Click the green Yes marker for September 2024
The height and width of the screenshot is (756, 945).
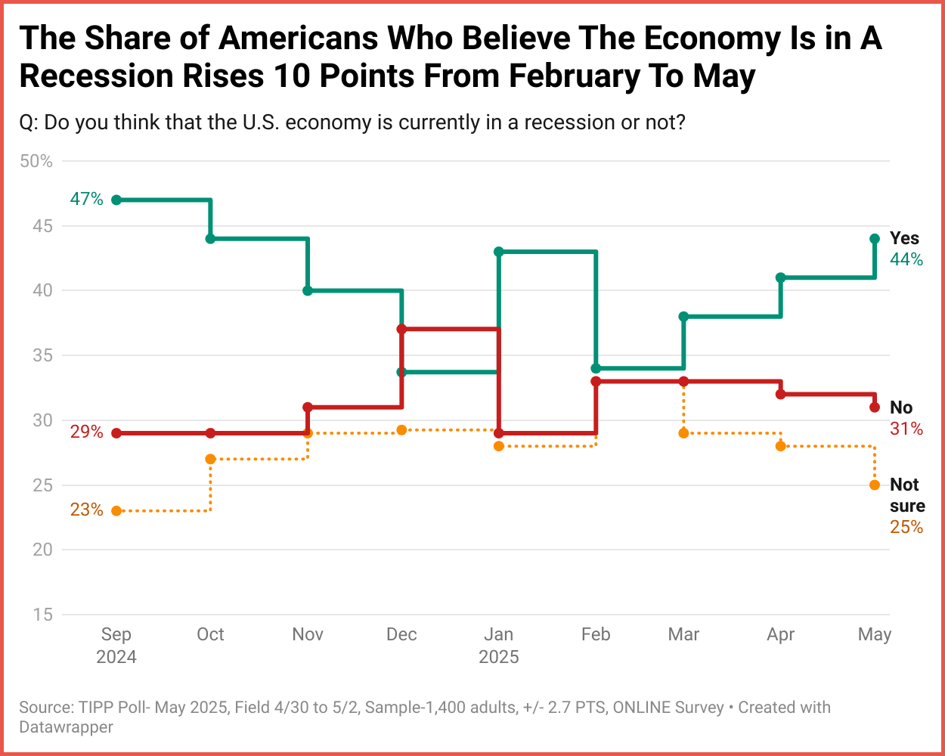click(116, 200)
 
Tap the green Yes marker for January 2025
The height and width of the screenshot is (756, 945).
click(499, 252)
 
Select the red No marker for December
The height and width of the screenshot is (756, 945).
click(401, 330)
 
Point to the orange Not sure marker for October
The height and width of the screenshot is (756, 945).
click(210, 459)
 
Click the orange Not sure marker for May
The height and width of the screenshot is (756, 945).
click(875, 485)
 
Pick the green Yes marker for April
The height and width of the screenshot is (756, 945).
click(780, 277)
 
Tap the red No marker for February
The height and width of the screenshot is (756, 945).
click(596, 382)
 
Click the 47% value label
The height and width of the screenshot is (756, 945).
click(86, 199)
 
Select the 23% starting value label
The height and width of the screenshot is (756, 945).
click(86, 510)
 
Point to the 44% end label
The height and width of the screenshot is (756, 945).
click(906, 260)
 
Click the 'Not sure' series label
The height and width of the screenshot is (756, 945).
click(906, 495)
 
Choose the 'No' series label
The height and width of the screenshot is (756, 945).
click(901, 407)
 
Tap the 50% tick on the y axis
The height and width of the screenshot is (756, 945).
click(36, 162)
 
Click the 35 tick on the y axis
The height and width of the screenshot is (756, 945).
click(42, 355)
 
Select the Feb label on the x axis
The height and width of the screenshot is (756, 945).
click(596, 634)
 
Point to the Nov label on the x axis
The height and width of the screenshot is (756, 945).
click(308, 634)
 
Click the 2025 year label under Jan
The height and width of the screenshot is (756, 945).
click(499, 657)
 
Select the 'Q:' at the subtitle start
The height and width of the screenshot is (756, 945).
click(29, 122)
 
